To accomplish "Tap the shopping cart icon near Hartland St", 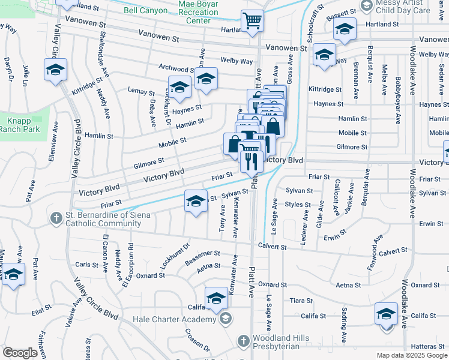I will [x=253, y=20].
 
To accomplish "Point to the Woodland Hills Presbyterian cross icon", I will [x=243, y=340].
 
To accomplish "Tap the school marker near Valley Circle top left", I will [x=55, y=70].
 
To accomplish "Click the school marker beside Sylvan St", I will [x=196, y=202].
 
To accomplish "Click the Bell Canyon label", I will [x=142, y=11].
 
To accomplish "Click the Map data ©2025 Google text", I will [x=412, y=355].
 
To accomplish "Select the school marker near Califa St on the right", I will [x=386, y=313].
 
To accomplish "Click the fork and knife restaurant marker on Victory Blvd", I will [x=251, y=160].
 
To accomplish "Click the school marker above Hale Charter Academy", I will [x=217, y=297].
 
